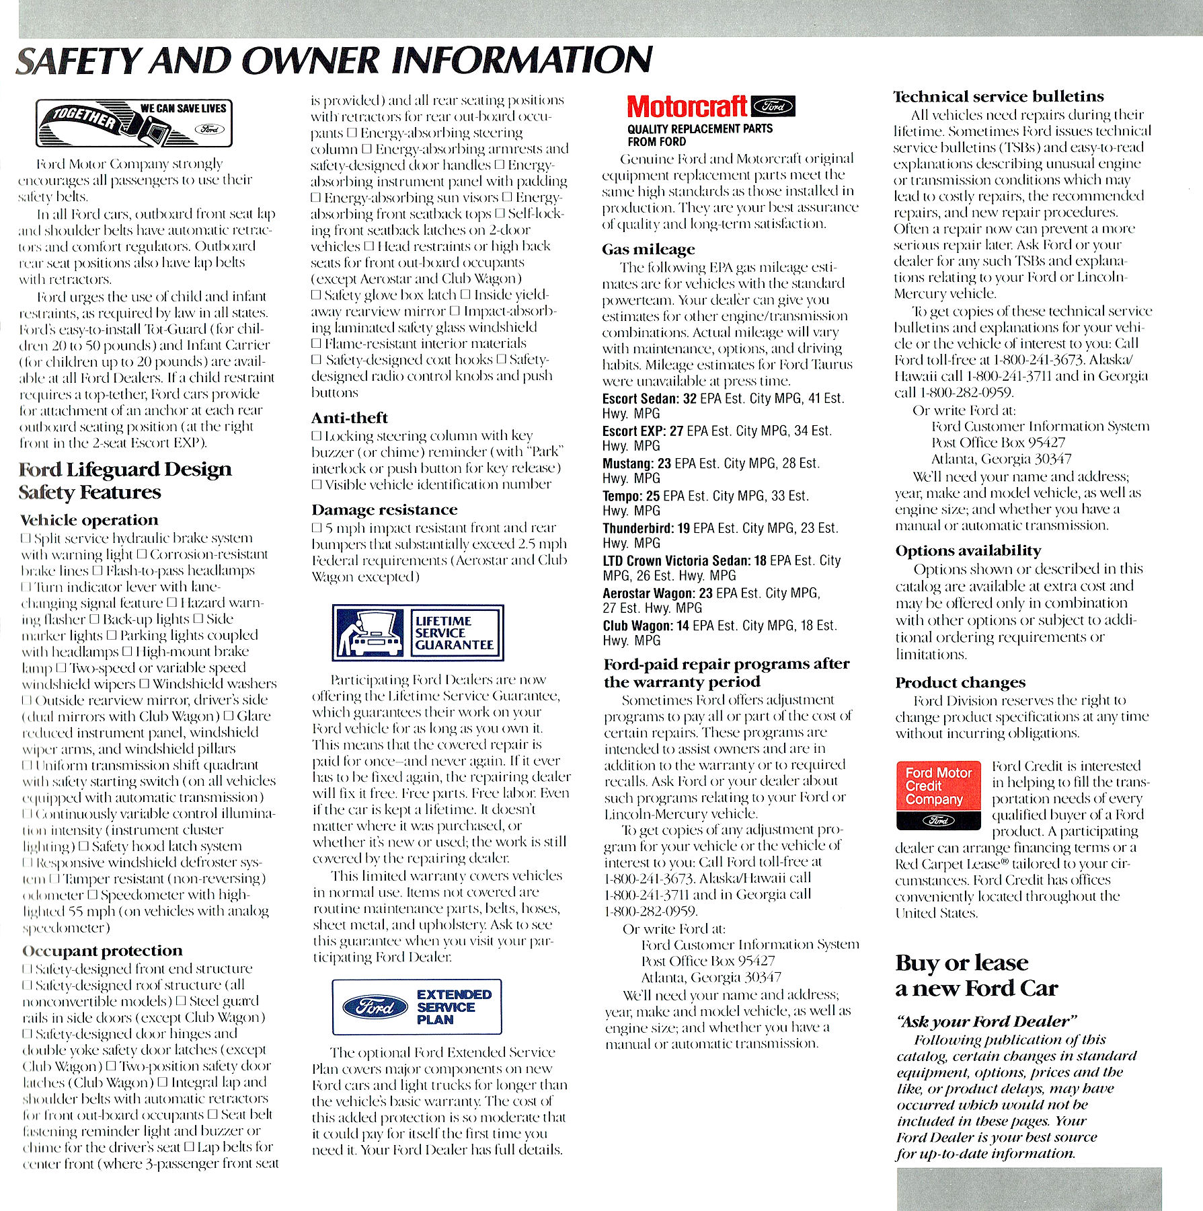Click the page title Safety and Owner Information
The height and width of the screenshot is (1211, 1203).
click(334, 61)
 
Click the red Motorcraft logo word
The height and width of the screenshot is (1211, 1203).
click(686, 106)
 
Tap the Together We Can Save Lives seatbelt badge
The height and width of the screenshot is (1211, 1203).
click(134, 123)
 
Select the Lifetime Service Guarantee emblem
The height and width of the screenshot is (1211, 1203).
click(418, 632)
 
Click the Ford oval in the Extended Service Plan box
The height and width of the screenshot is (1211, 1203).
click(375, 1007)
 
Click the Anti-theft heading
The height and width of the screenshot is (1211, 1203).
click(349, 418)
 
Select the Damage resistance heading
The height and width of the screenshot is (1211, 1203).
click(384, 509)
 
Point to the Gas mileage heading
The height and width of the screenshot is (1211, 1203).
click(648, 249)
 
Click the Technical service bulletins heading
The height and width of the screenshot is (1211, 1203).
click(998, 96)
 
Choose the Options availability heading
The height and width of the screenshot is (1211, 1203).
click(968, 550)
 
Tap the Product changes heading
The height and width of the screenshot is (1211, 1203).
click(960, 682)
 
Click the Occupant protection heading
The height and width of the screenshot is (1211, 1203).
click(102, 951)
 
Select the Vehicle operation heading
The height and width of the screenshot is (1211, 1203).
click(89, 519)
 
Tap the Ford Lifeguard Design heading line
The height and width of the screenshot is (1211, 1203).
click(125, 469)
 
